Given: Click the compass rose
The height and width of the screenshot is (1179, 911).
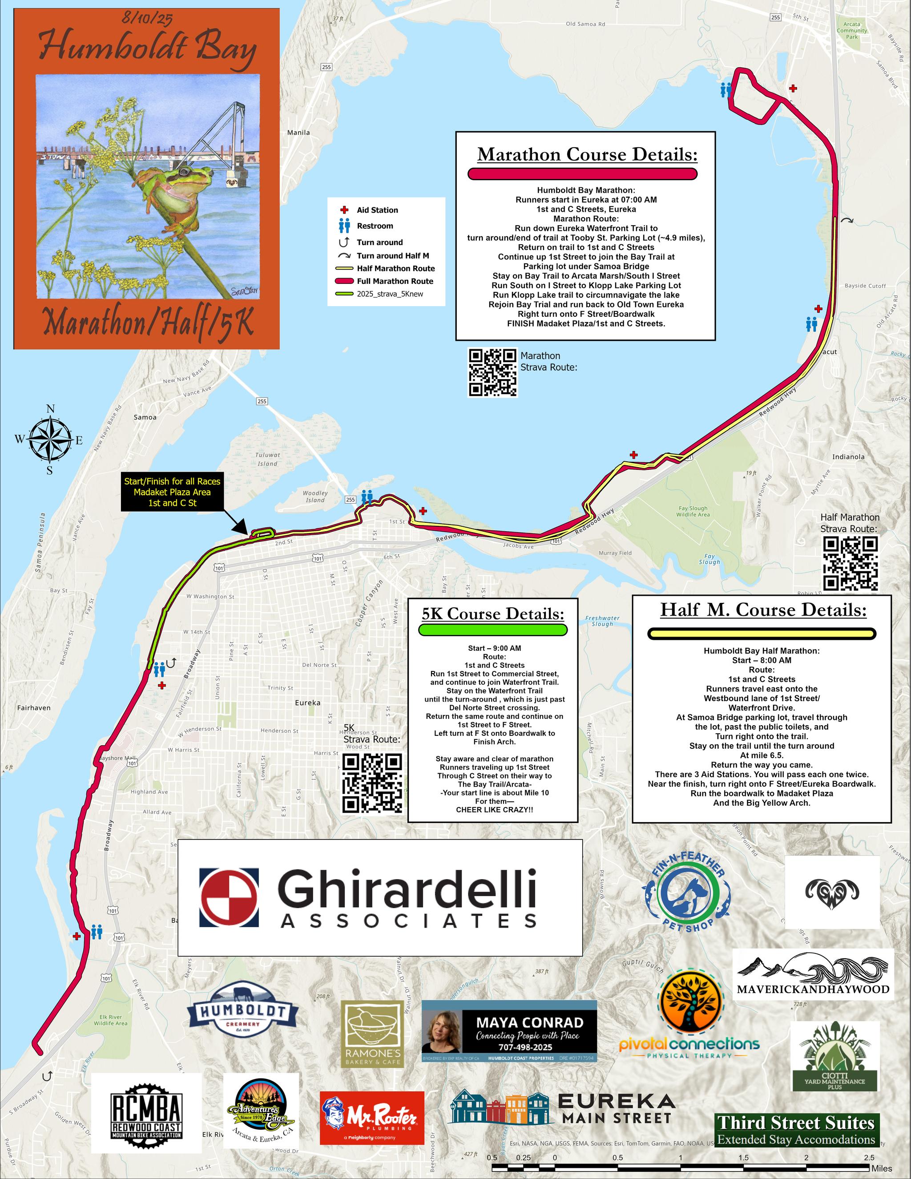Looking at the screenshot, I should (x=50, y=440).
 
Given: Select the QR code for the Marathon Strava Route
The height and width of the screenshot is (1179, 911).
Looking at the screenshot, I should (x=493, y=372).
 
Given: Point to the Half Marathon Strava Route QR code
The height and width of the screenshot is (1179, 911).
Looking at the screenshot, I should (x=850, y=563).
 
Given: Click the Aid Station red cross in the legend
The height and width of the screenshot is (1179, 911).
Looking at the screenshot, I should (x=344, y=210).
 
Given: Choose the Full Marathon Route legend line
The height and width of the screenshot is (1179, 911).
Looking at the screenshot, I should (x=344, y=281).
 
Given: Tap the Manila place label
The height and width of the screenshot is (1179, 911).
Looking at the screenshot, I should (x=298, y=132).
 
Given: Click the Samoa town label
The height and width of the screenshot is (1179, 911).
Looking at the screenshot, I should (x=145, y=417).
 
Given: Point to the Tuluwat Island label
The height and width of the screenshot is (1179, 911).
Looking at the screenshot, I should (x=268, y=459).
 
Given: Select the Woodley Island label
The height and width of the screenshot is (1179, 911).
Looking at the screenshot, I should (x=315, y=496).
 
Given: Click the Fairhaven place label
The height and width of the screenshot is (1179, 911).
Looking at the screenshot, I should (x=34, y=707).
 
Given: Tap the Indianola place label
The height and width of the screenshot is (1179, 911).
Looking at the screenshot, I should (x=848, y=457).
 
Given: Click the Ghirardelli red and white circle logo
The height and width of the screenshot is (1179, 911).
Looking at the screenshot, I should (x=229, y=897).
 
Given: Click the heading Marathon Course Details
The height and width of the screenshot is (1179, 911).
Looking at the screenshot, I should (x=587, y=155).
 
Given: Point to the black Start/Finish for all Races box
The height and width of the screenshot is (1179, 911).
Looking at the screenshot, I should (x=172, y=492).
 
